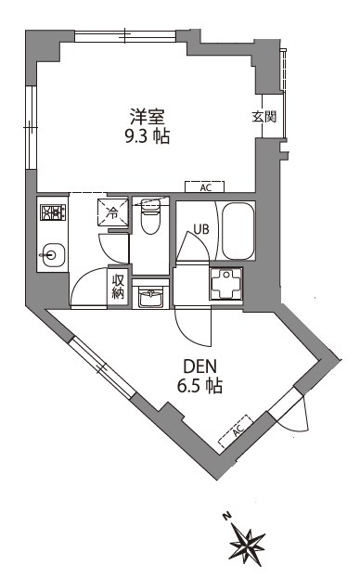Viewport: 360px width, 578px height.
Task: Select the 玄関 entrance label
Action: (264, 117)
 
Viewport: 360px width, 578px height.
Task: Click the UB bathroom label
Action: (201, 229)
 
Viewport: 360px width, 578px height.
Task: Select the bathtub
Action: (238, 233)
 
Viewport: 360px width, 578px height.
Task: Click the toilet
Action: (149, 219)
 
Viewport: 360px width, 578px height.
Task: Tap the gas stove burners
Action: (50, 213)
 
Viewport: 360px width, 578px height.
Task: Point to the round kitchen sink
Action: (53, 252)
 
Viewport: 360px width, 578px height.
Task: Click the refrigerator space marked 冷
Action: (111, 212)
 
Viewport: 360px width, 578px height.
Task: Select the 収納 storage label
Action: (118, 287)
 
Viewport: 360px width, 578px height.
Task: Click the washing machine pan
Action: (226, 285)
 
